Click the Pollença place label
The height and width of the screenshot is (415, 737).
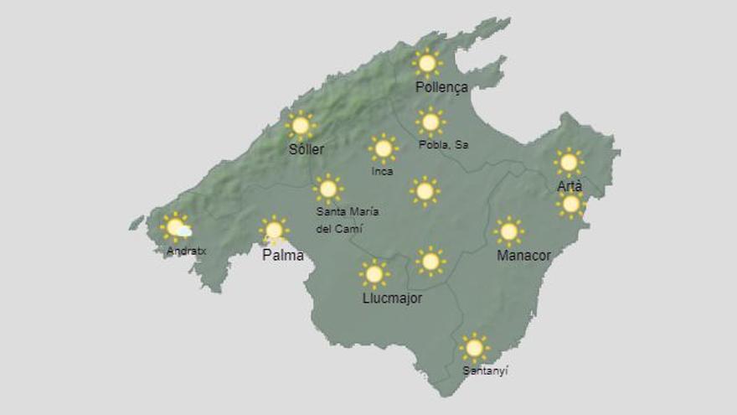click(441, 87)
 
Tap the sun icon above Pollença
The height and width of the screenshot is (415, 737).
click(427, 63)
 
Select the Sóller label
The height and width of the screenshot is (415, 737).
click(306, 149)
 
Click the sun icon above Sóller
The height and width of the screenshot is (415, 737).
click(300, 126)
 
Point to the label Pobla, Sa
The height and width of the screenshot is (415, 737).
click(443, 145)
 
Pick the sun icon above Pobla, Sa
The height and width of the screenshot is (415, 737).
click(430, 122)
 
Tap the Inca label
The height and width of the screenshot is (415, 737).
click(382, 171)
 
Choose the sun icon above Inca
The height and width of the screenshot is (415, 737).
click(383, 148)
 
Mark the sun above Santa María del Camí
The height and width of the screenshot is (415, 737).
click(328, 189)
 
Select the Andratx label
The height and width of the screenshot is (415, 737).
click(186, 250)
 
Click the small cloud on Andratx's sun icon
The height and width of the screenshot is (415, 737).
click(184, 231)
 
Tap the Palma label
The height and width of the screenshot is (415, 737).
click(283, 255)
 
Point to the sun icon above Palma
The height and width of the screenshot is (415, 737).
click(273, 230)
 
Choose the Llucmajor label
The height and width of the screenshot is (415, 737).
click(392, 298)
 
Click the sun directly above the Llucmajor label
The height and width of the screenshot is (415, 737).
click(374, 273)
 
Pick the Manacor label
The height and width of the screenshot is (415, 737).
click(523, 255)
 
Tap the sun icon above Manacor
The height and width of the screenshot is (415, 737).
click(508, 231)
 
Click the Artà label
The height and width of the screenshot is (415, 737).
click(569, 186)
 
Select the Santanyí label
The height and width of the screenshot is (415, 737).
click(485, 370)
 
